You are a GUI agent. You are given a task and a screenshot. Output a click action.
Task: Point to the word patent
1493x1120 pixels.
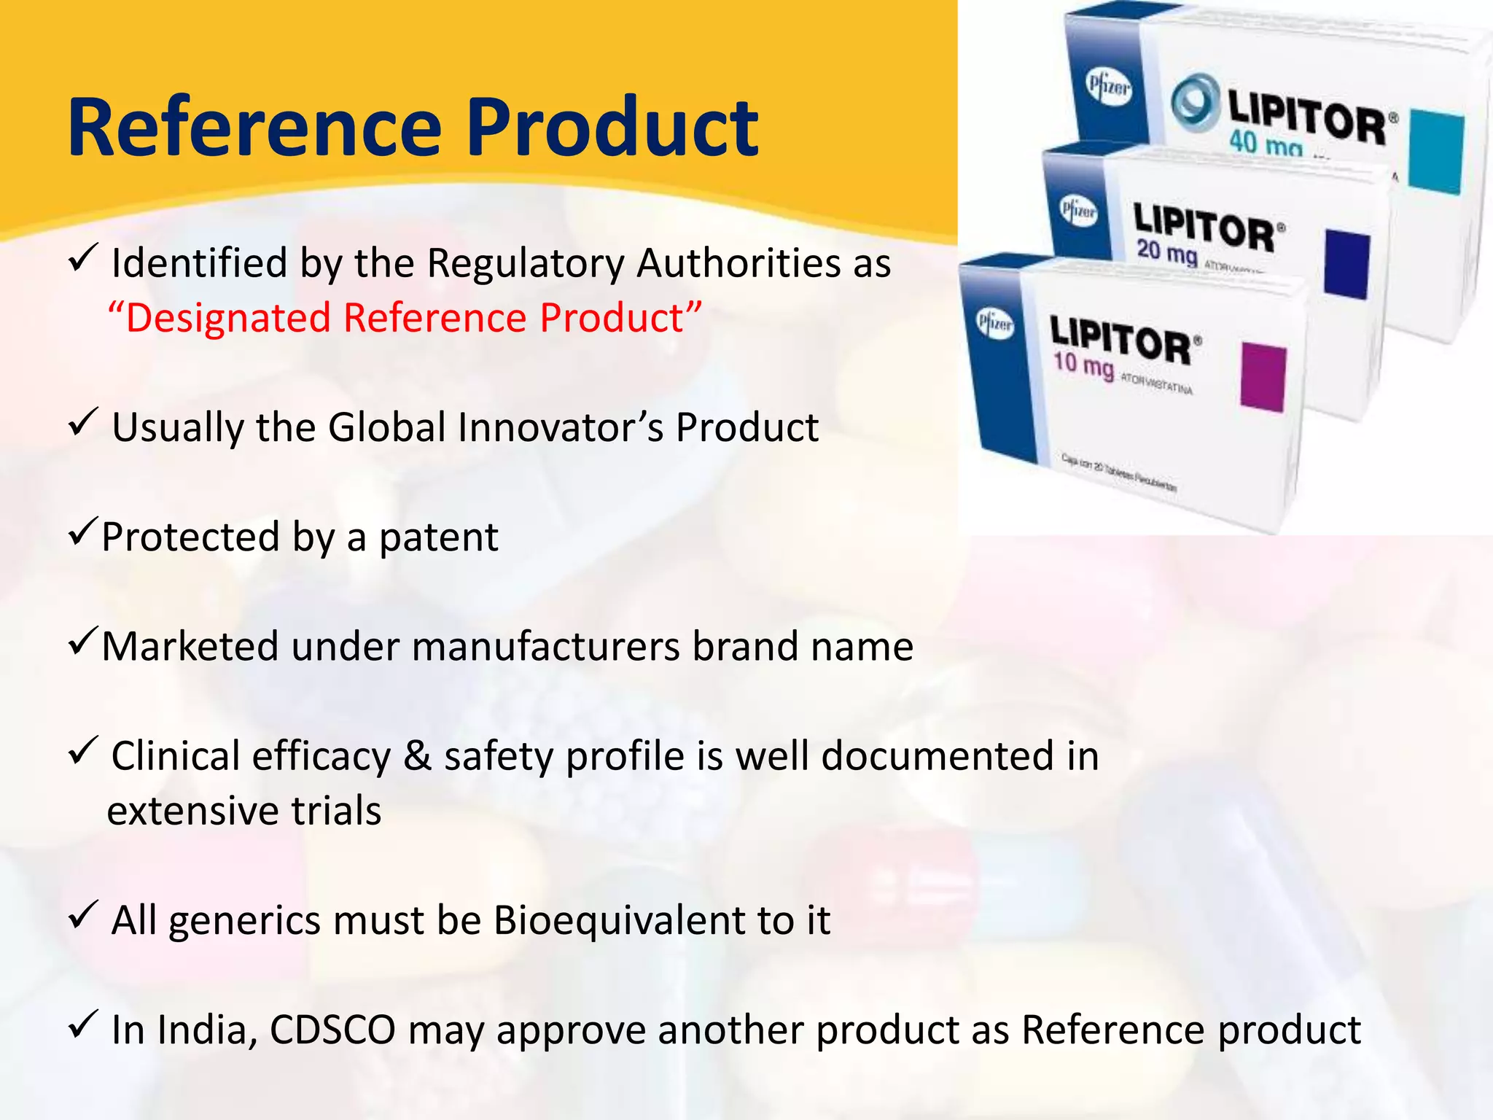pyautogui.click(x=438, y=537)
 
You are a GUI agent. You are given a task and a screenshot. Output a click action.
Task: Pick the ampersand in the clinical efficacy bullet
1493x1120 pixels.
pyautogui.click(x=417, y=756)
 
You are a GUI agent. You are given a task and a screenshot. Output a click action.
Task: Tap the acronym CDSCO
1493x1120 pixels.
pyautogui.click(x=332, y=1030)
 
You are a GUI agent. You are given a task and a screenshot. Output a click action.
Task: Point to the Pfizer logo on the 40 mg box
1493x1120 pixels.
pyautogui.click(x=1109, y=88)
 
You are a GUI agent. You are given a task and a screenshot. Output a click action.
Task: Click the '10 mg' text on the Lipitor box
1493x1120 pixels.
pyautogui.click(x=1083, y=363)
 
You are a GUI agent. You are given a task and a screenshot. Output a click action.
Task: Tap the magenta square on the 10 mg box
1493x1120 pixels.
pyautogui.click(x=1263, y=378)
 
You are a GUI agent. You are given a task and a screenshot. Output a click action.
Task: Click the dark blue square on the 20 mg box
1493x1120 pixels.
pyautogui.click(x=1346, y=264)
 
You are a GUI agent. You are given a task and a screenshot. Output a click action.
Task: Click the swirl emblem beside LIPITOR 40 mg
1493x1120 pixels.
pyautogui.click(x=1195, y=104)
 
